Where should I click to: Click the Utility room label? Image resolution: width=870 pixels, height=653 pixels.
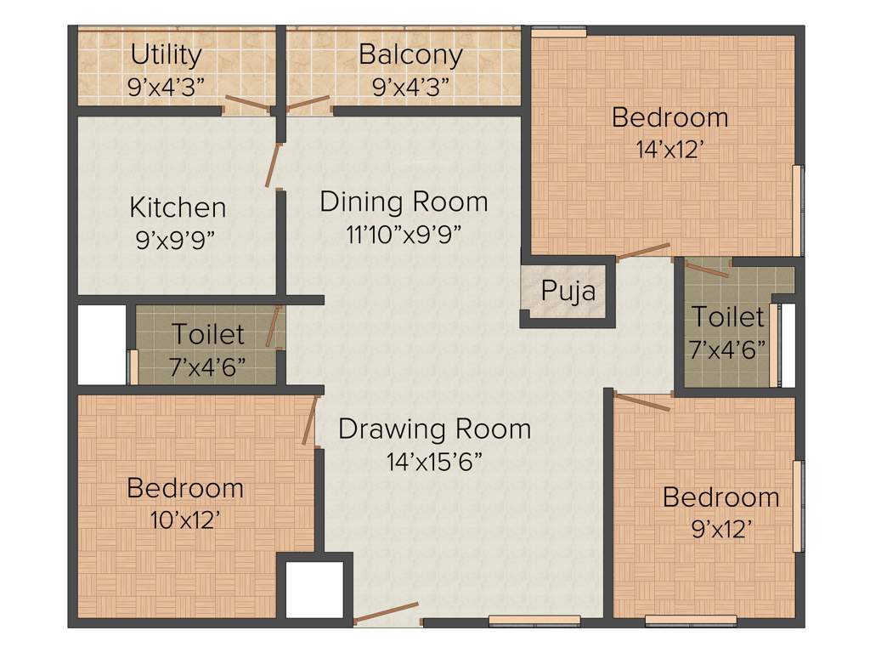tap(167, 55)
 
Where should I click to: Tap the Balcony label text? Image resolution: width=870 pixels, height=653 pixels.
tap(410, 54)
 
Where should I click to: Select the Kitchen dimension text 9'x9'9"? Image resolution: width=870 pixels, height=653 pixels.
tap(177, 239)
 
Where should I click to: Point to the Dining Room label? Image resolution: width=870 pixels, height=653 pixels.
tap(404, 202)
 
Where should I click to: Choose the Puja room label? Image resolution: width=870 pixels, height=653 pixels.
tap(568, 292)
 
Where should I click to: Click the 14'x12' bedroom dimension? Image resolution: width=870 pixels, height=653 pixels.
tap(670, 149)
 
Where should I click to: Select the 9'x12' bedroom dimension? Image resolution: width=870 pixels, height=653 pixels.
tap(720, 528)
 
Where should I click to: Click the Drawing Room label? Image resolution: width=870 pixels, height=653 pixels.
tap(434, 429)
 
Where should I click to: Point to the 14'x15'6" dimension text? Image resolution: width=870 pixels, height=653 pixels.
tap(434, 462)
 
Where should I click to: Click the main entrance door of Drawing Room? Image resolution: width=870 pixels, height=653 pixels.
tap(387, 612)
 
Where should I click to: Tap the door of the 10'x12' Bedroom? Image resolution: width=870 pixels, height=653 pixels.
tap(310, 420)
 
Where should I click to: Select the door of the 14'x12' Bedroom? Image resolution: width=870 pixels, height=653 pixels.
tap(643, 251)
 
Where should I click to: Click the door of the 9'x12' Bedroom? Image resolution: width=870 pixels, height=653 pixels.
tap(642, 402)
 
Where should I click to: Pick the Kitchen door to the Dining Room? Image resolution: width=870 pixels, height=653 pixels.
tap(274, 165)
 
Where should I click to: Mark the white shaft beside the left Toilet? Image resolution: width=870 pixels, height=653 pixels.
tap(102, 344)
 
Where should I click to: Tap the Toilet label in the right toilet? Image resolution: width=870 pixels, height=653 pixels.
tap(727, 317)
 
